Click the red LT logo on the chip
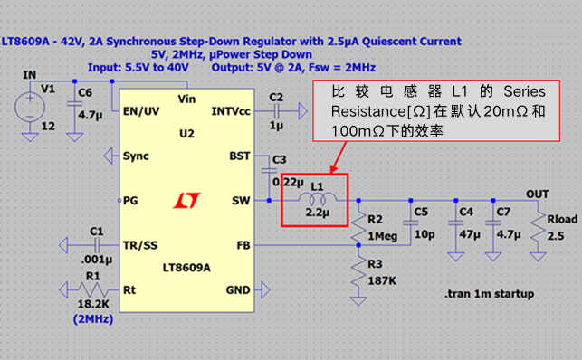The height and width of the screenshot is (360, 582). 186,200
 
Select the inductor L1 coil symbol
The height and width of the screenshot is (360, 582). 317,199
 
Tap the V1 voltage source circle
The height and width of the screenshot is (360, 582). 30,108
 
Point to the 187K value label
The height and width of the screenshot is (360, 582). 382,280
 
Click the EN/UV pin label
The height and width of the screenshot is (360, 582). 141,111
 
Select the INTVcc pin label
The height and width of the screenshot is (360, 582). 231,111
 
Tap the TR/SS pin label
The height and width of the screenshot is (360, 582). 140,245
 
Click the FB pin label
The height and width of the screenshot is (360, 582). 243,245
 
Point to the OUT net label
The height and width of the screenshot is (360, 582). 537,194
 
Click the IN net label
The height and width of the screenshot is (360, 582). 29,75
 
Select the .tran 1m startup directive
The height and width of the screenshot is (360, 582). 489,294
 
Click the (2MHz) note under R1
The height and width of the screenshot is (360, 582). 93,319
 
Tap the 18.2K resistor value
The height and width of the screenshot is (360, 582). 93,304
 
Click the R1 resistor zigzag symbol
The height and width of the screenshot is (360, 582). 93,289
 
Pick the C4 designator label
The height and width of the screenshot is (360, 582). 466,212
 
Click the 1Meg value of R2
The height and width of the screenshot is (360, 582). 382,236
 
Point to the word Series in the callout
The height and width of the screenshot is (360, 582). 524,91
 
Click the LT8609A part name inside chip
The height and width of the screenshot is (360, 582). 186,268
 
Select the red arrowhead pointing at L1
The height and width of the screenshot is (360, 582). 334,168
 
